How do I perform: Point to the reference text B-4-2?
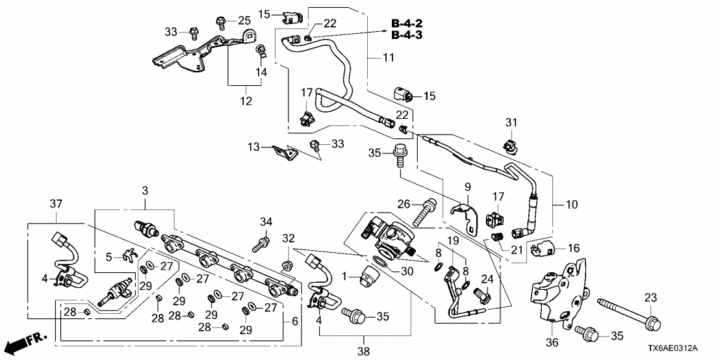pos(406,24)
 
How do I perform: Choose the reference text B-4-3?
pos(406,35)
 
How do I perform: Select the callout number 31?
pos(512,122)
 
